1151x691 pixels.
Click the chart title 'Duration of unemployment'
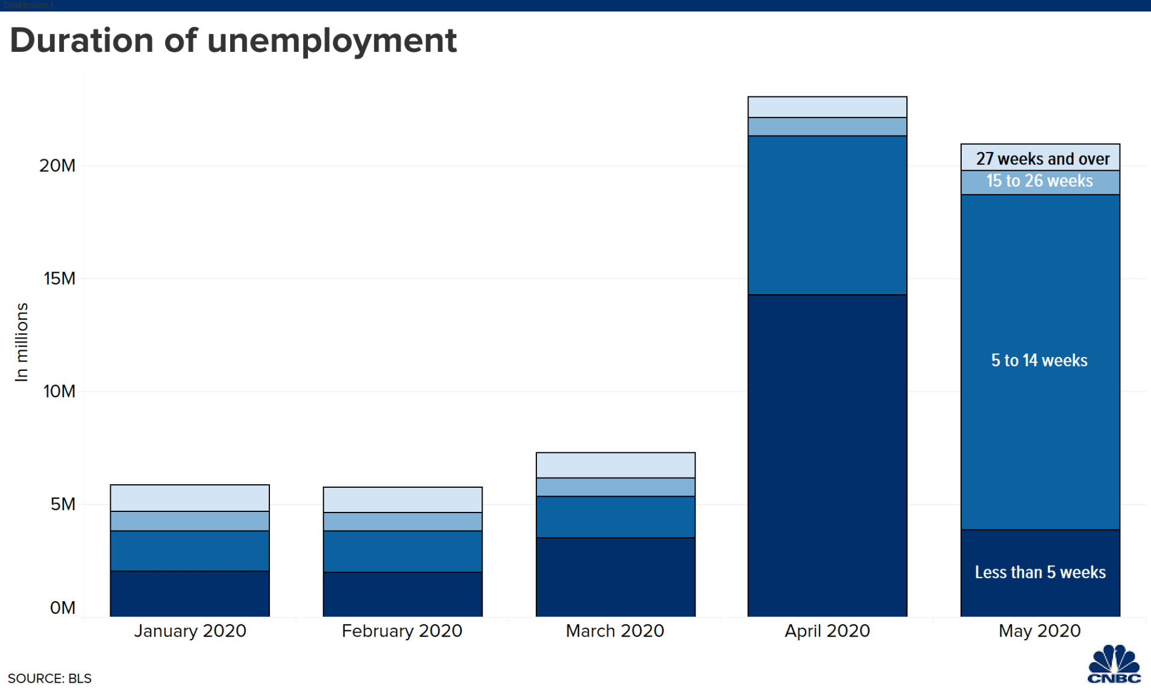[x=233, y=41]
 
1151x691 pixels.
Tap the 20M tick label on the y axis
[x=57, y=165]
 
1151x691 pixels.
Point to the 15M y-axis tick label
[x=59, y=278]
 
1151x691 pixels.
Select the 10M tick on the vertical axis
[x=59, y=391]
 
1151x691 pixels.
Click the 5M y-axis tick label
[x=63, y=504]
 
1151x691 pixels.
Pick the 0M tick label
[x=63, y=607]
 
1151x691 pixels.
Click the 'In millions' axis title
[x=22, y=342]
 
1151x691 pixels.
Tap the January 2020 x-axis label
[x=190, y=631]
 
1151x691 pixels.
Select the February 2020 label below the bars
[x=402, y=631]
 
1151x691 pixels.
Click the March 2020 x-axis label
[x=615, y=631]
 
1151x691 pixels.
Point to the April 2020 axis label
[x=827, y=631]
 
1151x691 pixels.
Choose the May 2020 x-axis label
[x=1040, y=631]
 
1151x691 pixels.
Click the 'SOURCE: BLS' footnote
[x=49, y=678]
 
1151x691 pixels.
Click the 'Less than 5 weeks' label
[x=1040, y=572]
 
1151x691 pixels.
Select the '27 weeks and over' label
[x=1043, y=159]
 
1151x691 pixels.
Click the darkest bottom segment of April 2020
[x=827, y=455]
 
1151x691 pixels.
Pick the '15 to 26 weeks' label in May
[x=1040, y=181]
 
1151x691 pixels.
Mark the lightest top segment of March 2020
[x=615, y=465]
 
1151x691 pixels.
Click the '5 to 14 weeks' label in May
[x=1040, y=361]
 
